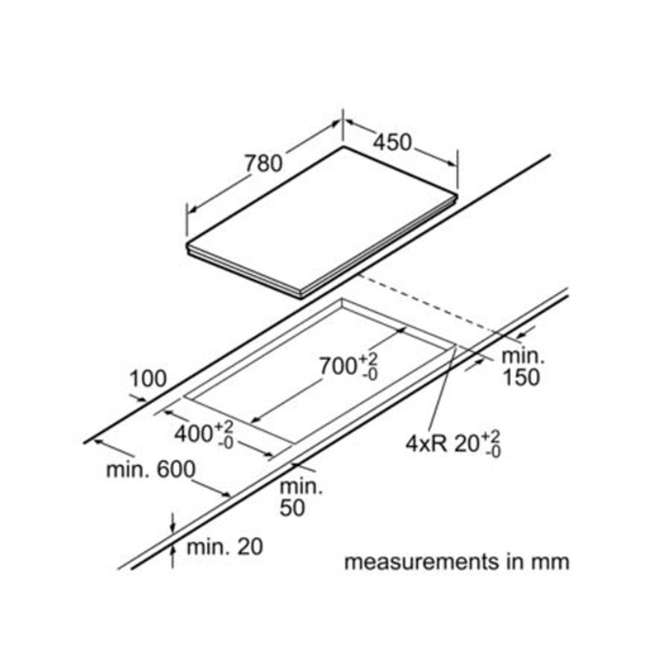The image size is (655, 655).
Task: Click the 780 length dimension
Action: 264,163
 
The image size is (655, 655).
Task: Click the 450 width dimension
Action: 392,142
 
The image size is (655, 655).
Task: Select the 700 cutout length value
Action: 337,366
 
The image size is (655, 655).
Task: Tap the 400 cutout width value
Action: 193,433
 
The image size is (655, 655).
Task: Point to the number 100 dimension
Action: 148,379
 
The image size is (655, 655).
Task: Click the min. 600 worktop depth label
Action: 151,469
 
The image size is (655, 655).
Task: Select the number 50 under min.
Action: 292,508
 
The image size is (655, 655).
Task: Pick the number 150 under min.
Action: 521,377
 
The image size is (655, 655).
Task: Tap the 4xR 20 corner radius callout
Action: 454,443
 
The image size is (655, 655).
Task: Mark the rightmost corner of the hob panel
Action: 458,195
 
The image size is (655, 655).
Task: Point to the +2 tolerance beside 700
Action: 368,359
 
